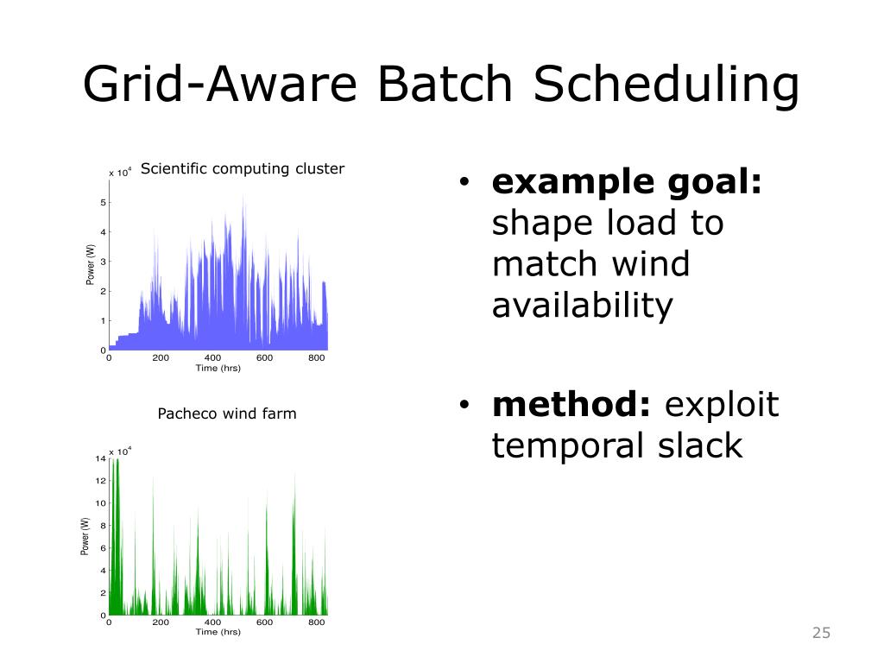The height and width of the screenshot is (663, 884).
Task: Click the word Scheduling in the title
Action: click(666, 85)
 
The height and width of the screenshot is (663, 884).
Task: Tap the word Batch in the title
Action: click(445, 84)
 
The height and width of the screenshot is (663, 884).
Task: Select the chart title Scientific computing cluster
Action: click(243, 168)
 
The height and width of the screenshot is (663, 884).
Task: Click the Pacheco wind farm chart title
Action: click(227, 414)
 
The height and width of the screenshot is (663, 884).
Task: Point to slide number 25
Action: click(822, 633)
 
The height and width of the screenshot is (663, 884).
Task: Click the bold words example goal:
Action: click(627, 183)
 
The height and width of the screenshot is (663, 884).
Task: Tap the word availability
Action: click(583, 306)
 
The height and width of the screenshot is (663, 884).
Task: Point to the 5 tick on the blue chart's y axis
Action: click(104, 202)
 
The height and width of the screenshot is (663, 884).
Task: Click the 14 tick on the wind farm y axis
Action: click(100, 458)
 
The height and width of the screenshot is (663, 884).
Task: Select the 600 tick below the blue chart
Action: click(264, 357)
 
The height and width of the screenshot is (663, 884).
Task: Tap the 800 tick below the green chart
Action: click(316, 622)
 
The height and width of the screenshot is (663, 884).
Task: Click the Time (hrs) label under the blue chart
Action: click(218, 368)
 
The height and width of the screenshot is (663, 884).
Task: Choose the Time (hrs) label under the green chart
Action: click(218, 632)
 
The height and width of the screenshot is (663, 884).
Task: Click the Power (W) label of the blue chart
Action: click(90, 264)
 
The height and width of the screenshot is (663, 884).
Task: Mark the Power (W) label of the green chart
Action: click(85, 536)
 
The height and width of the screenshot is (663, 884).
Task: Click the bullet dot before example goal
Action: click(464, 181)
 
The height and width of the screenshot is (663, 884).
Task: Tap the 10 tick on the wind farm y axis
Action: click(100, 503)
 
